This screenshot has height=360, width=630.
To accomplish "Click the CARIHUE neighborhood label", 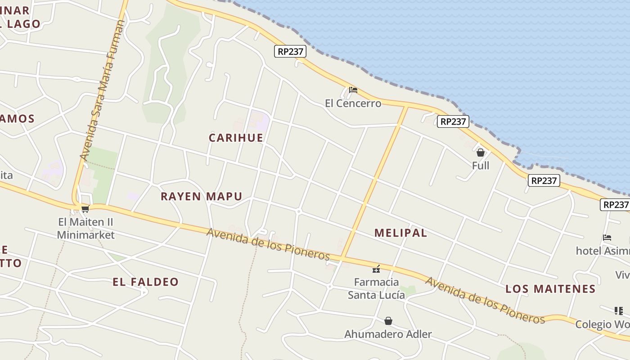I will point(236,138).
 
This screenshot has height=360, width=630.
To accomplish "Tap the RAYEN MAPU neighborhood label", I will point(201,196).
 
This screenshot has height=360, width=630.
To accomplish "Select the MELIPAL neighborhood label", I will point(400,233).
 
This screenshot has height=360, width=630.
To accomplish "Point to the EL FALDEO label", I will point(145,282).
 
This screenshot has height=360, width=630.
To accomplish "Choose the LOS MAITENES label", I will point(550,289).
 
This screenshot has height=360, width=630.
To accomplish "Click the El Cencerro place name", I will point(353,103).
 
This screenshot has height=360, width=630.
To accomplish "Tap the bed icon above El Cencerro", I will point(353,90).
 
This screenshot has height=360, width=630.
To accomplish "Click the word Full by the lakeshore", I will point(480,166).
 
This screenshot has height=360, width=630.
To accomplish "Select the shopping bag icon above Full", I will point(481,153).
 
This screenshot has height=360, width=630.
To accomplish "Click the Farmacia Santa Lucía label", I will point(376,288).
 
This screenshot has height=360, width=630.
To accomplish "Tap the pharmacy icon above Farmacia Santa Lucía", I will point(376,269).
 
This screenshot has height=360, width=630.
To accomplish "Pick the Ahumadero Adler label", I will point(388,334).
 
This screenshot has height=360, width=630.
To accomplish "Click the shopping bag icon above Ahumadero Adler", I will point(388,321).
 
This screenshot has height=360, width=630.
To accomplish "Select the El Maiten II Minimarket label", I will point(85,228).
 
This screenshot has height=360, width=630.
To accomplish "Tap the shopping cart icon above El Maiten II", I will point(85,209).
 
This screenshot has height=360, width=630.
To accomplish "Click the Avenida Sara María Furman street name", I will point(102,90).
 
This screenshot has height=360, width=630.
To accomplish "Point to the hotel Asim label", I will point(602,251).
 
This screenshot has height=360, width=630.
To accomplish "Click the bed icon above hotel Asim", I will point(607,238).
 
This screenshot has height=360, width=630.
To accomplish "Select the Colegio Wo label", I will point(602,324).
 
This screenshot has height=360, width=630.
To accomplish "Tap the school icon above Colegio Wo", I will point(619,310).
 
